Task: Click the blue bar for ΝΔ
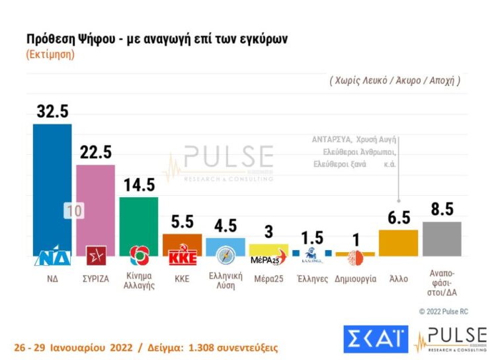point(52,185)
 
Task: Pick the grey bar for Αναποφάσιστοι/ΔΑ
point(441,239)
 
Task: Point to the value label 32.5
point(52,112)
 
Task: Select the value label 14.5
point(138,185)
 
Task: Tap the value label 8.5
point(441,210)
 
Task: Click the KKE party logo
point(183,256)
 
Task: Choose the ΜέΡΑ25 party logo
point(269,257)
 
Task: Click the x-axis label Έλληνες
point(312,279)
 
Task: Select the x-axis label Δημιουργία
point(355,279)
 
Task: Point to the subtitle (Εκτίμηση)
point(50,54)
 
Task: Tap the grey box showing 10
point(75,211)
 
